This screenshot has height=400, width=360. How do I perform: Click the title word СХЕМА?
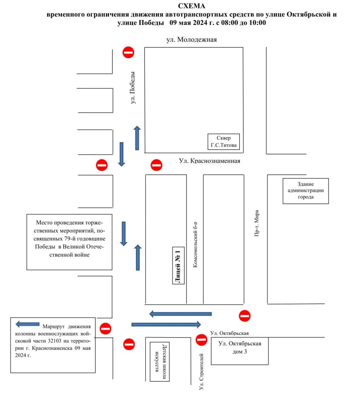click(x=191, y=6)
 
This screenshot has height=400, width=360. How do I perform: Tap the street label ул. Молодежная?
click(x=191, y=40)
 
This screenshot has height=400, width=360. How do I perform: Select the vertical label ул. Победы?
click(x=133, y=88)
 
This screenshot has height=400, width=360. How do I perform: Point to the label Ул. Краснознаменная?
click(x=210, y=161)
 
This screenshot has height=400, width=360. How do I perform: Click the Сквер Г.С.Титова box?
click(x=224, y=142)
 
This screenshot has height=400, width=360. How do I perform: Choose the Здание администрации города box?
click(x=306, y=191)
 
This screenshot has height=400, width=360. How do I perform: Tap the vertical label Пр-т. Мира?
click(x=257, y=223)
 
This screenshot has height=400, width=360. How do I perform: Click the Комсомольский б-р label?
click(x=195, y=245)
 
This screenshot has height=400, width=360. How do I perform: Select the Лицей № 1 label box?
click(x=178, y=266)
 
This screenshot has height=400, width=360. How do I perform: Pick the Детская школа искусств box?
click(x=160, y=362)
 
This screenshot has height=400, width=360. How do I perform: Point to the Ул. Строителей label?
click(x=201, y=372)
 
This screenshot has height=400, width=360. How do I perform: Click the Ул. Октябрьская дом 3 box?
click(x=240, y=351)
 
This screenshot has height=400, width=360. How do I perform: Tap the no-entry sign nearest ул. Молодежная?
click(x=128, y=52)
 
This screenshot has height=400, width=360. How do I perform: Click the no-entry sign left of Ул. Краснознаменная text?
click(x=156, y=165)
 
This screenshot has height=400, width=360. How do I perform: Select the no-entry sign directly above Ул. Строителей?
click(x=201, y=340)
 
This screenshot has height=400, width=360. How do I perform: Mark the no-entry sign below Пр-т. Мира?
click(x=245, y=316)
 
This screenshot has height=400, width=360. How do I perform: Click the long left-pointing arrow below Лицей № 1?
click(x=181, y=314)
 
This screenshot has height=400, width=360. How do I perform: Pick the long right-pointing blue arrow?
click(x=166, y=324)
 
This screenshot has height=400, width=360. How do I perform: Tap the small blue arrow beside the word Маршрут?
click(x=27, y=324)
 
